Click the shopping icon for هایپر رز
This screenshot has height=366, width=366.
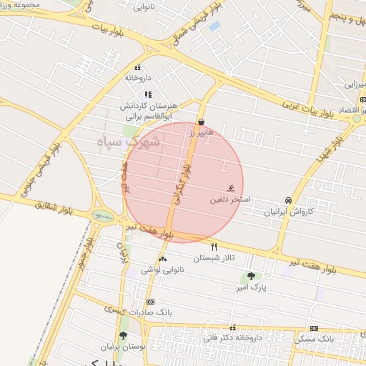[201, 122]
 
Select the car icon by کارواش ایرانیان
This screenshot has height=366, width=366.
[287, 200]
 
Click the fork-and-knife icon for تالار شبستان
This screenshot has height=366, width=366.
[214, 247]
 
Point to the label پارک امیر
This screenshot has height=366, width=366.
[250, 287]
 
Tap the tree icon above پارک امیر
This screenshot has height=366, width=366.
[250, 276]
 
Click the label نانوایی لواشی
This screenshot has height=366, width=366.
[162, 269]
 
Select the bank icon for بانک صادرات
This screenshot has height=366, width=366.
[150, 302]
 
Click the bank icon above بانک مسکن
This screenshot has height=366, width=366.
[314, 328]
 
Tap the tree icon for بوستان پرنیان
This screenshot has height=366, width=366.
[124, 335]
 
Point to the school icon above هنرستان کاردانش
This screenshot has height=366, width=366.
[148, 94]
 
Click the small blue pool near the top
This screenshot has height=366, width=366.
[214, 26]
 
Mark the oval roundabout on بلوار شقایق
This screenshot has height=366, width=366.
[102, 214]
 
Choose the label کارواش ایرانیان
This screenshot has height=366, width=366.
[289, 212]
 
